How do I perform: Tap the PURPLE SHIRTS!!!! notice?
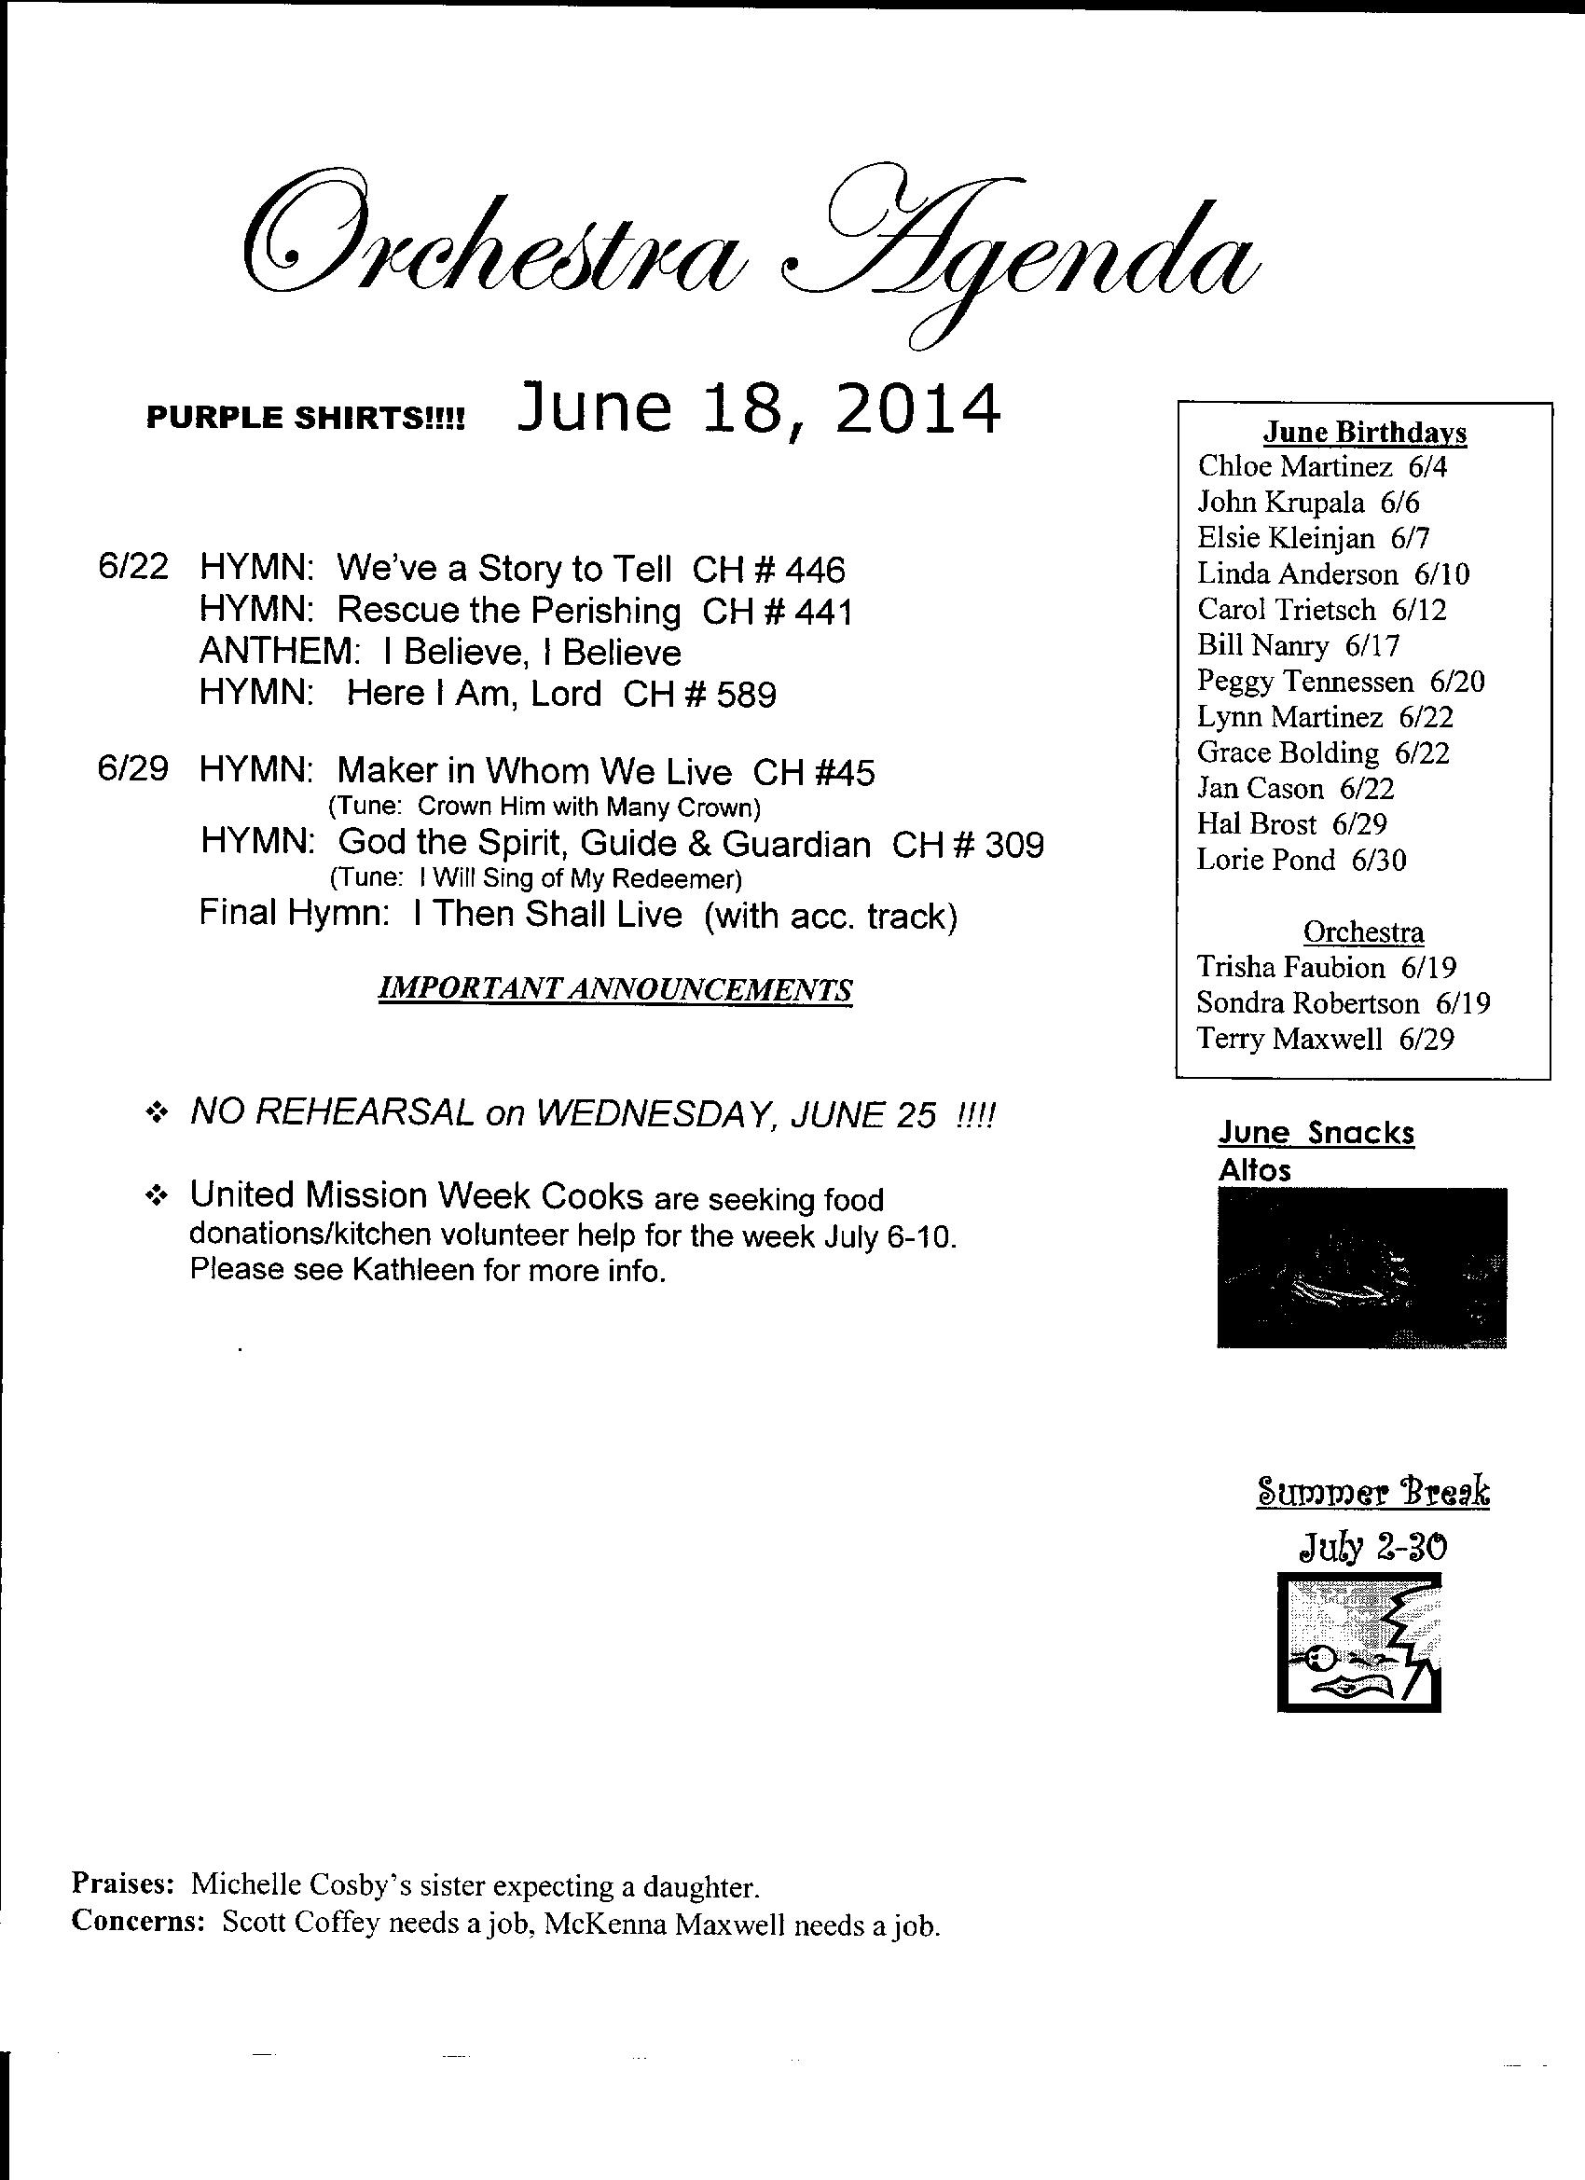[305, 418]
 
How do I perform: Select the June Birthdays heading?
[1364, 433]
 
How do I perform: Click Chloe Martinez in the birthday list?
[1294, 467]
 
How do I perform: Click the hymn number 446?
[815, 570]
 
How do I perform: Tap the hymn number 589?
[746, 694]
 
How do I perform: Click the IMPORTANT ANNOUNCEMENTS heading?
[616, 989]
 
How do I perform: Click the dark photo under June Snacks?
[1361, 1267]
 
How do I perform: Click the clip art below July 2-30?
[1358, 1643]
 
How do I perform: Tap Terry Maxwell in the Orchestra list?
[1289, 1039]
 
